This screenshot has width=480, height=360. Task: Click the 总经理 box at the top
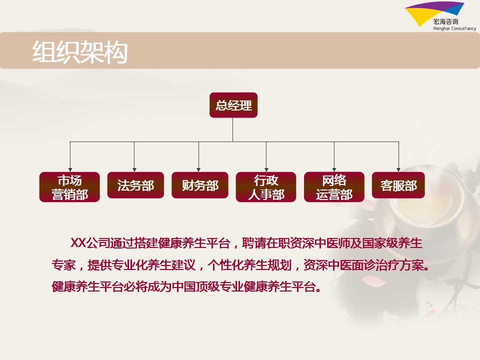pos(233,105)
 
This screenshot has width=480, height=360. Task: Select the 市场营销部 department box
pos(69,186)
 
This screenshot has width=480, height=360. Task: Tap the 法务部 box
pos(135,185)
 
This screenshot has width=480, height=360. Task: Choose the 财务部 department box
pos(200,185)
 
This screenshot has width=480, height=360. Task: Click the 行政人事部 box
pos(266,186)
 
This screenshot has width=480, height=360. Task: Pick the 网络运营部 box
pos(334,186)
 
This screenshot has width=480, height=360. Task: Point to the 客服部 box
pos(398,185)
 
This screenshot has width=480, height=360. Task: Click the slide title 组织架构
pos(80,52)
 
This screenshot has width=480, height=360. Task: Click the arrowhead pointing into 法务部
pos(134,169)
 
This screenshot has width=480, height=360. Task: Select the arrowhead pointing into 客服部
pos(398,169)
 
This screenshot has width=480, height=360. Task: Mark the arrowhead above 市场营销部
pos(70,169)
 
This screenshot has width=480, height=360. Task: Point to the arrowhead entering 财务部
pos(198,169)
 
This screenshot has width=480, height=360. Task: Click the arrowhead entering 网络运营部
pos(334,169)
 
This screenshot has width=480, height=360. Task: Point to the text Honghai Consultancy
pos(454,28)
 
